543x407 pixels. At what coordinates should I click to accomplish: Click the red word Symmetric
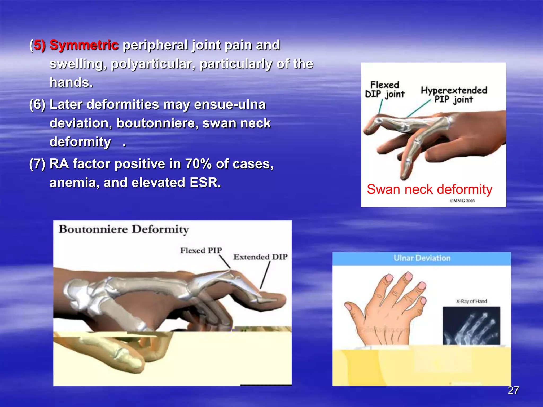(x=84, y=45)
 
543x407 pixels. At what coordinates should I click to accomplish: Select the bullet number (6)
(x=37, y=104)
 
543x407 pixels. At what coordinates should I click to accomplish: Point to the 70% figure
(x=198, y=164)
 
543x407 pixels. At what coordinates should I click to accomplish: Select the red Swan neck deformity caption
(x=430, y=189)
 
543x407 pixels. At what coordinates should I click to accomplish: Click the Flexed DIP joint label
(x=384, y=90)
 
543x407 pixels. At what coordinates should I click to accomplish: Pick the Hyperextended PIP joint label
(x=454, y=95)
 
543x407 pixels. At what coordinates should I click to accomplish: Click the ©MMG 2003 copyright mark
(x=462, y=201)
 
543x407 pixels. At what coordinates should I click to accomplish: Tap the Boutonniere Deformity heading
(x=124, y=229)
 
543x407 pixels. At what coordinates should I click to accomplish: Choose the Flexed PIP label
(x=201, y=250)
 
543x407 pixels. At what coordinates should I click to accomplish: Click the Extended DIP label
(x=260, y=257)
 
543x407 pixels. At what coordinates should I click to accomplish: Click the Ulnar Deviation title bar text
(x=422, y=258)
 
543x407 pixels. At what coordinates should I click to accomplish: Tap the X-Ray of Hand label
(x=471, y=301)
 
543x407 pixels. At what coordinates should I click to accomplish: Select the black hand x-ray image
(x=471, y=326)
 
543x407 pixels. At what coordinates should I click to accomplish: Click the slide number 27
(x=513, y=390)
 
